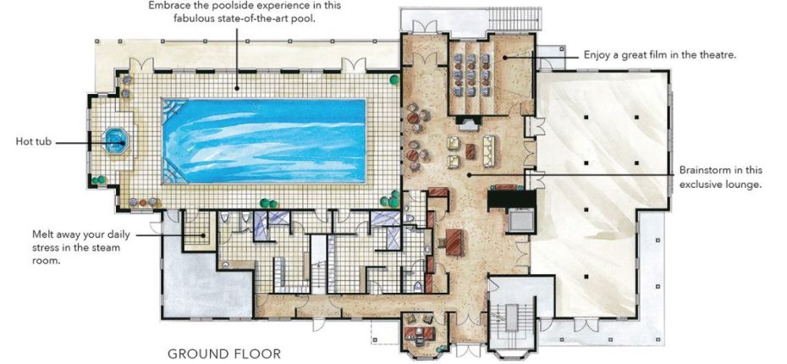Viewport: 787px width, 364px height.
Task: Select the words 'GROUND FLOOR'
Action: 223,352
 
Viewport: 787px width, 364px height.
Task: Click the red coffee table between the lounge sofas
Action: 471,151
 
